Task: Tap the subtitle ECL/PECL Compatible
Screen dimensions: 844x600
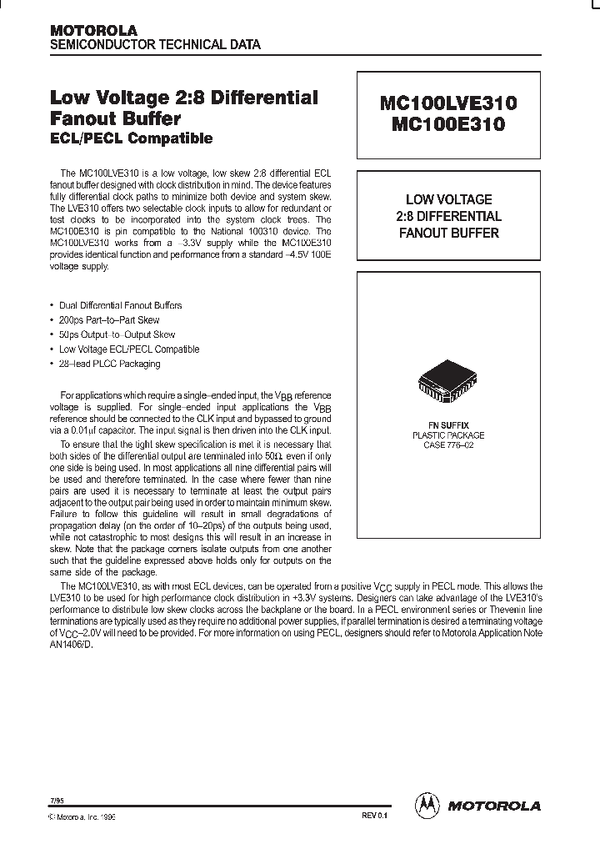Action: pyautogui.click(x=132, y=138)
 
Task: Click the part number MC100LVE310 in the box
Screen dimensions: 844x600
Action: pyautogui.click(x=448, y=103)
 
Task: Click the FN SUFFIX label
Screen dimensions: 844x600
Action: pyautogui.click(x=448, y=425)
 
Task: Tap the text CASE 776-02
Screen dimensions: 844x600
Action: pyautogui.click(x=448, y=445)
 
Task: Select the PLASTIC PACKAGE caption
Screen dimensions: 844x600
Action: pyautogui.click(x=448, y=435)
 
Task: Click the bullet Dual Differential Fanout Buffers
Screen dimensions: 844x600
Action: pyautogui.click(x=120, y=305)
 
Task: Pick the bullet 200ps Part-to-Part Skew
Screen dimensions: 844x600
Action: pyautogui.click(x=109, y=320)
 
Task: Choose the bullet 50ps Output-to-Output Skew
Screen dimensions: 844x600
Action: pyautogui.click(x=117, y=334)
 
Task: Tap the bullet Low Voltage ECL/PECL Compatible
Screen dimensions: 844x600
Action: pyautogui.click(x=129, y=349)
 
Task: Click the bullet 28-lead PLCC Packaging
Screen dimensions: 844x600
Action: pyautogui.click(x=109, y=364)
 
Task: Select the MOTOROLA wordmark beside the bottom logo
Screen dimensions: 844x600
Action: pyautogui.click(x=494, y=806)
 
